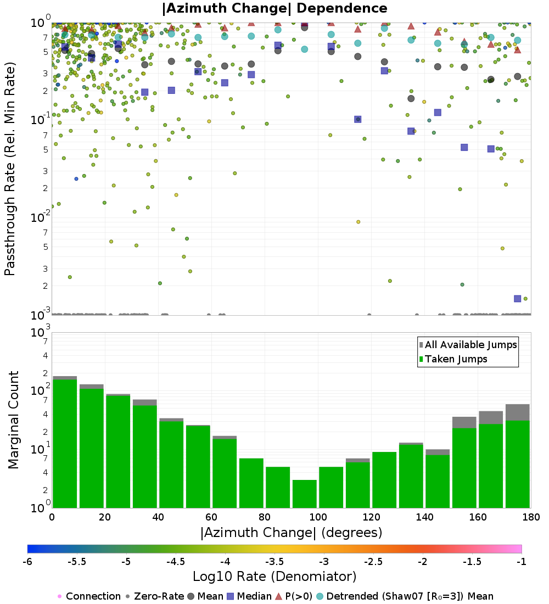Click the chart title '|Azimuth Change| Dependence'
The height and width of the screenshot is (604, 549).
click(274, 8)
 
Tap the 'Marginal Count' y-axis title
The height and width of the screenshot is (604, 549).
click(13, 420)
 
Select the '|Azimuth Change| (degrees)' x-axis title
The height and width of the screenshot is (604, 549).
click(292, 533)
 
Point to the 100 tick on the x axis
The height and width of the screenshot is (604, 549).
click(318, 517)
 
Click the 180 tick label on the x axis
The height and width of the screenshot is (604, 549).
click(531, 517)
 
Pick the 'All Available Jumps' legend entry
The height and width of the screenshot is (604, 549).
click(468, 345)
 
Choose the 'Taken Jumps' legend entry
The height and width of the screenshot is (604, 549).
click(453, 359)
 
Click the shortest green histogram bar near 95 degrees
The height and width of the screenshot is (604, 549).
click(304, 494)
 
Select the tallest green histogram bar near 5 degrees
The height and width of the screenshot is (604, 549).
click(65, 444)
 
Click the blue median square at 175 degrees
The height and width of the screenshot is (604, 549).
click(517, 299)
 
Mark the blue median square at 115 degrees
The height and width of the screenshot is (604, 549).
click(357, 119)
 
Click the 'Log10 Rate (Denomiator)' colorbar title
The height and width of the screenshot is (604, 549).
click(274, 576)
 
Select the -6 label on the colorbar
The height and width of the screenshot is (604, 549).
click(27, 561)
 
